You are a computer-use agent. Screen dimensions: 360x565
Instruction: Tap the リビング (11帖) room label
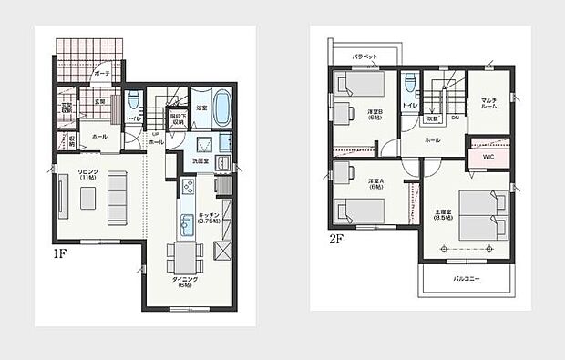click(x=88, y=174)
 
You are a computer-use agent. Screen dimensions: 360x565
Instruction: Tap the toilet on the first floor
click(x=134, y=101)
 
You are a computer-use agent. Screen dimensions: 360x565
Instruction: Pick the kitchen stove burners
click(x=188, y=187)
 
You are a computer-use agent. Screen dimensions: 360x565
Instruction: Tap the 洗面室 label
click(x=200, y=161)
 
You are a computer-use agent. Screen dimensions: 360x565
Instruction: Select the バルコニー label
click(x=465, y=279)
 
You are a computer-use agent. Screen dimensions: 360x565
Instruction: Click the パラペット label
click(x=366, y=55)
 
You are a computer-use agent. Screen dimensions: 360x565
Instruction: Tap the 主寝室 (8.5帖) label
click(x=444, y=215)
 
